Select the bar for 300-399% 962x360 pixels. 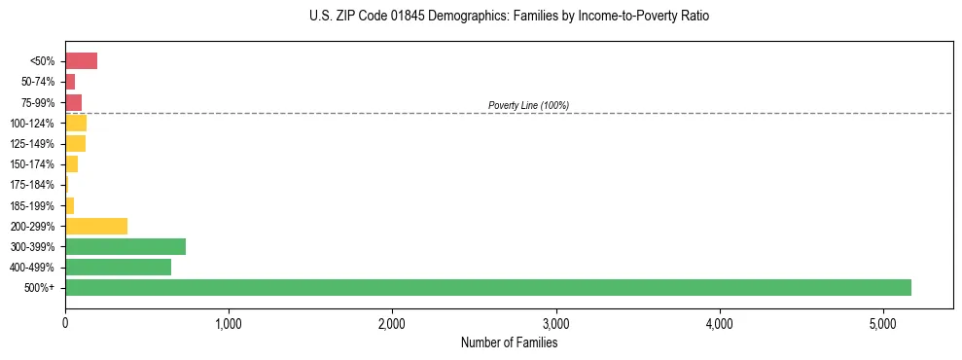point(125,246)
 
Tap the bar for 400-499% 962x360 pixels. point(118,267)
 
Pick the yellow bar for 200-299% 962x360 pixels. point(96,226)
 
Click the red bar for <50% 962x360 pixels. point(81,61)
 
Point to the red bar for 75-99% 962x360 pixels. point(73,102)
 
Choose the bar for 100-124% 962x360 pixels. point(76,123)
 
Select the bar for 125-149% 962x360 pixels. point(75,144)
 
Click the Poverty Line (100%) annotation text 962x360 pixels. point(528,105)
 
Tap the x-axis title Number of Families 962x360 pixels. point(509,342)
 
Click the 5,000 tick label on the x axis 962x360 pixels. point(883,322)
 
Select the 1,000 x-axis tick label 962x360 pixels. point(229,322)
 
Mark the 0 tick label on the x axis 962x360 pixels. point(65,322)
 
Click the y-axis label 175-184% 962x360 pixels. point(34,185)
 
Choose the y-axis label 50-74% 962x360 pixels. point(38,82)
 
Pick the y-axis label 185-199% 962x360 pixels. point(34,205)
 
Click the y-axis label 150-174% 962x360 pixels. point(34,164)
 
